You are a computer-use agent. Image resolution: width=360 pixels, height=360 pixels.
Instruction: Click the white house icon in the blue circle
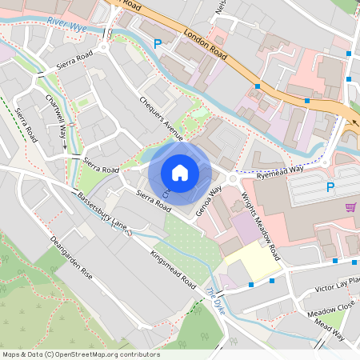click(x=180, y=172)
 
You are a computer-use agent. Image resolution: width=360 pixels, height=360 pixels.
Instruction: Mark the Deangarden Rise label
click(x=71, y=258)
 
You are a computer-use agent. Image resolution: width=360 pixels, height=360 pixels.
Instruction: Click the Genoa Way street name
click(x=209, y=200)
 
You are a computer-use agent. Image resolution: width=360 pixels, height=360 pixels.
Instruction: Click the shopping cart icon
click(x=350, y=206)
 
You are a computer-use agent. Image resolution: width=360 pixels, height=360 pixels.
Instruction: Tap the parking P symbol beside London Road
click(x=157, y=45)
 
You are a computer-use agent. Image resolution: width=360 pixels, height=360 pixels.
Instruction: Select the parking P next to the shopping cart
click(x=330, y=187)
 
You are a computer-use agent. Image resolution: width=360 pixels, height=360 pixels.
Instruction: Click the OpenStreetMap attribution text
click(x=80, y=354)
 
